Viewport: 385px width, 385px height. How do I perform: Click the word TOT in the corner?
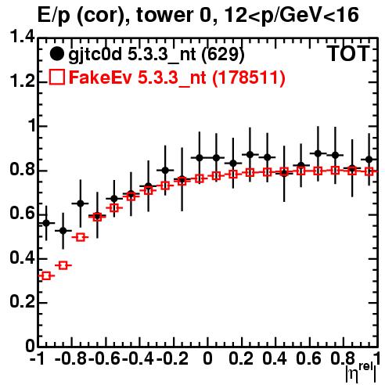348,53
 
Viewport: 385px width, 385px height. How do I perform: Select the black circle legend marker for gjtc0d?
56,54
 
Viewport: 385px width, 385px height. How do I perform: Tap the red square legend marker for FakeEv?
56,77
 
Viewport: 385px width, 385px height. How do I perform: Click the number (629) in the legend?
223,54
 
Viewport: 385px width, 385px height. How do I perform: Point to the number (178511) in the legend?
249,77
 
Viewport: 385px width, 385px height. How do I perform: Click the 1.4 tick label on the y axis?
22,38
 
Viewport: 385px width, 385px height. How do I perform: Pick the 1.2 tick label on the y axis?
22,81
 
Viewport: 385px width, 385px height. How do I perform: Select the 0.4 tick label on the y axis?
22,258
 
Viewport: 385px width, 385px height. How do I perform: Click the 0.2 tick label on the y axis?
22,302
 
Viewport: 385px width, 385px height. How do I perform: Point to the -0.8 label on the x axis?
70,358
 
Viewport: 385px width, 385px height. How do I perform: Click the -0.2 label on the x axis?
172,358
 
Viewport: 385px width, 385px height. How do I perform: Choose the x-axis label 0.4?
275,358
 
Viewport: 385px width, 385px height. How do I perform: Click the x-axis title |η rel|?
361,372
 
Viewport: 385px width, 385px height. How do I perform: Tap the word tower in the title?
165,15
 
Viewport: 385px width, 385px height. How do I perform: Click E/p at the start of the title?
54,16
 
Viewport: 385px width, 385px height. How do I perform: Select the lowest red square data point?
46,275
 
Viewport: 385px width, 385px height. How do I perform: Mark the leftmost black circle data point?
46,223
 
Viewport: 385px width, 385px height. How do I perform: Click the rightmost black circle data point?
369,160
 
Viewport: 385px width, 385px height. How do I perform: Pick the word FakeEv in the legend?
100,77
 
